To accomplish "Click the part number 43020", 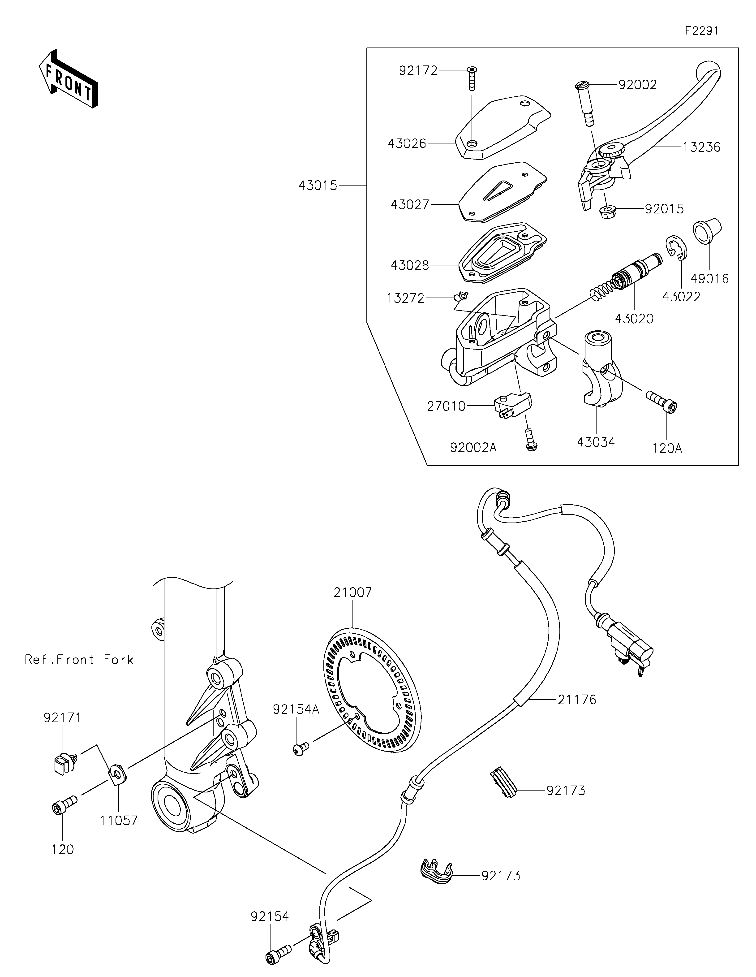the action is tap(634, 319).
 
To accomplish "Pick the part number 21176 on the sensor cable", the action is tap(577, 700).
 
